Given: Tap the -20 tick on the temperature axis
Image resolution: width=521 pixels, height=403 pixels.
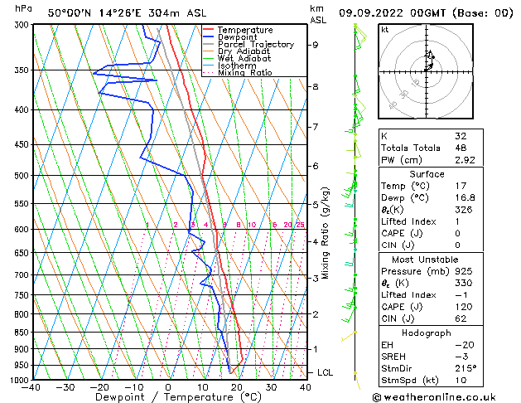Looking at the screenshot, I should point(99,386).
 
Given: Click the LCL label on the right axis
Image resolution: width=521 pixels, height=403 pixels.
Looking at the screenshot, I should point(325,373).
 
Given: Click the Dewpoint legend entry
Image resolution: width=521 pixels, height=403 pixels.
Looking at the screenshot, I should point(239,37).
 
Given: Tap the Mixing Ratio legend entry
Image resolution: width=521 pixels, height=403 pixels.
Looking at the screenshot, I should point(245,73).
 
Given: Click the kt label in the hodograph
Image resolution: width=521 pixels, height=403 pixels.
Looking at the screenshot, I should point(385,29).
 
